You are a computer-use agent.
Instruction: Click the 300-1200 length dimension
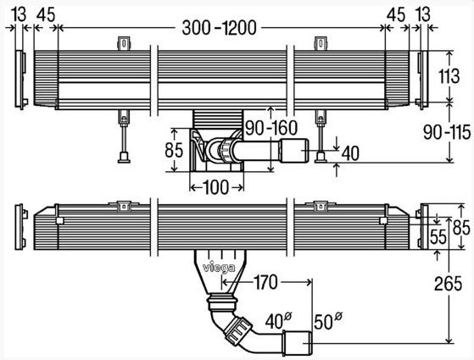tap(219, 28)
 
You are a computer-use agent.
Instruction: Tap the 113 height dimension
tap(449, 76)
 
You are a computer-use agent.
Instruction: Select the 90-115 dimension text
tap(447, 132)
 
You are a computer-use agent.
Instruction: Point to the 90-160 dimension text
tap(271, 128)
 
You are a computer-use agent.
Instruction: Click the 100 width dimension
tap(216, 187)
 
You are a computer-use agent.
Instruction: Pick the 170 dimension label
tap(265, 282)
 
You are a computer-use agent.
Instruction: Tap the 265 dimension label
tap(448, 284)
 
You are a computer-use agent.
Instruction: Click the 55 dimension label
tap(438, 236)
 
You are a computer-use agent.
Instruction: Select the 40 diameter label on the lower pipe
tap(278, 321)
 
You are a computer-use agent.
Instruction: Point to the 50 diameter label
tap(328, 321)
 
